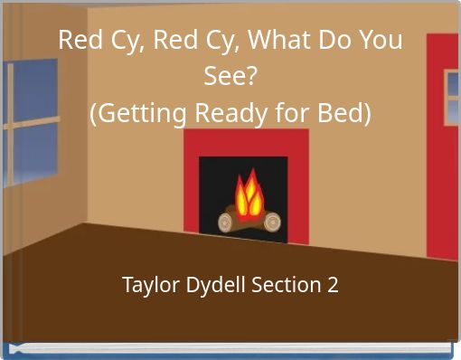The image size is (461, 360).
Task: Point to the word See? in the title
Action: tap(230, 78)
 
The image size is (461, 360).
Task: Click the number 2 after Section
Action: tap(334, 286)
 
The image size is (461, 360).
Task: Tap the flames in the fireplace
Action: tap(249, 194)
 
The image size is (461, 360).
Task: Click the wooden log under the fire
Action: tap(249, 219)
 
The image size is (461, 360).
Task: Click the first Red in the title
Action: tap(79, 41)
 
